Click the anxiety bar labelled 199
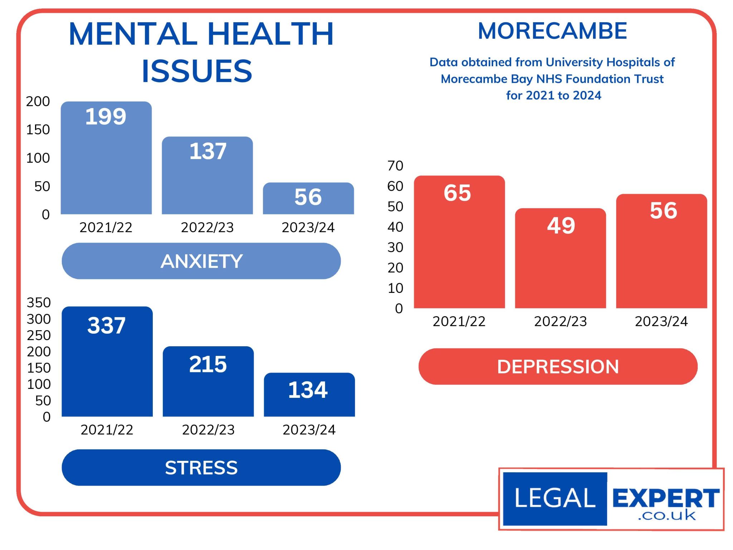click(106, 158)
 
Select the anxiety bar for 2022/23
click(207, 175)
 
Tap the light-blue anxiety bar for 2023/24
click(308, 198)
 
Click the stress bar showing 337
click(107, 362)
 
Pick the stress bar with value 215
click(208, 381)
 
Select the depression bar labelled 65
click(459, 242)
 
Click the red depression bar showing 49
click(560, 258)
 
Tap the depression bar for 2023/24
click(661, 251)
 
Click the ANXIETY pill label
click(201, 261)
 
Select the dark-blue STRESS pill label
click(201, 468)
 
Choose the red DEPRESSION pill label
click(558, 367)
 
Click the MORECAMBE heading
click(552, 31)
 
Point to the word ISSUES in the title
click(197, 71)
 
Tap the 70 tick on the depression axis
click(395, 166)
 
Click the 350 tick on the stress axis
click(39, 303)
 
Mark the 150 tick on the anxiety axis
click(38, 130)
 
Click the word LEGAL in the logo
click(555, 498)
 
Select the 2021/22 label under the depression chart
click(459, 322)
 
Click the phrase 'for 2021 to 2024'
click(553, 95)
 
